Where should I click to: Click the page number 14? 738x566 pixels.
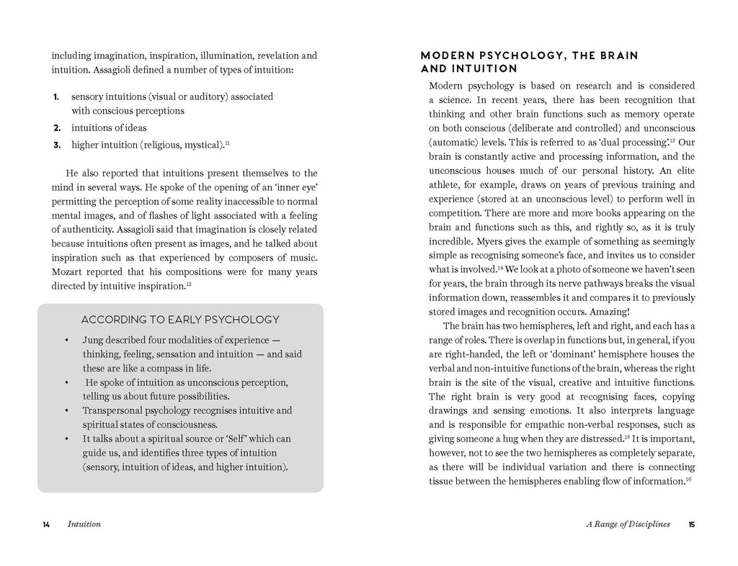tap(46, 524)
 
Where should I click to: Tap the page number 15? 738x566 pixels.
tap(691, 524)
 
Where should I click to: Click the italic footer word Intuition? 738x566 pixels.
tap(84, 524)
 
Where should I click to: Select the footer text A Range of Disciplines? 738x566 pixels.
tap(628, 524)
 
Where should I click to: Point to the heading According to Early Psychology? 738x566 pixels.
tap(180, 320)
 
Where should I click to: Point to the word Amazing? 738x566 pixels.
tap(610, 312)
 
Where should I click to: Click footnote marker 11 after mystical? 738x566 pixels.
tap(227, 143)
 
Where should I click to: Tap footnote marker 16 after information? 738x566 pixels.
tap(689, 479)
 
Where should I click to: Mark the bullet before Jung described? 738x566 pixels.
tap(66, 341)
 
